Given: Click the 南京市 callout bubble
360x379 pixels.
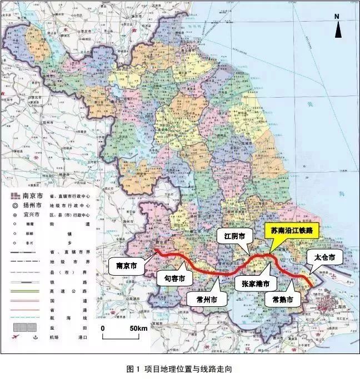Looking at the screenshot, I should pos(126,265).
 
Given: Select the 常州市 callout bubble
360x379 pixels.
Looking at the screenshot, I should pos(202,299).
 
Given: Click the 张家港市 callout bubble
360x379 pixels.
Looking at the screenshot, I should pos(255,284).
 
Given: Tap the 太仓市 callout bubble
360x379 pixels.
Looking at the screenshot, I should pos(324,257).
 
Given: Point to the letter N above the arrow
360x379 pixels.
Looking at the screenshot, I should pos(337,17).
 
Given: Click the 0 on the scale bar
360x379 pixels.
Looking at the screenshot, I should pos(103,329).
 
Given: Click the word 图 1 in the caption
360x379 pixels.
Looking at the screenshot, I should pos(133,369).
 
